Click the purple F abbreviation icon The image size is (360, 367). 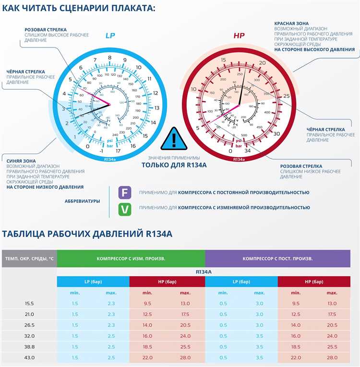[124, 193]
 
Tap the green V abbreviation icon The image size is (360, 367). [124, 208]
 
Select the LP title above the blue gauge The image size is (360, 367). [110, 36]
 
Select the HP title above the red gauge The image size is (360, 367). [239, 36]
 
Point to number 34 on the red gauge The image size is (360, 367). [248, 151]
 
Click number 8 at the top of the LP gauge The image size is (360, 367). [109, 58]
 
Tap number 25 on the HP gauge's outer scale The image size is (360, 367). [287, 96]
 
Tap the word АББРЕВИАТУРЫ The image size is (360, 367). [82, 201]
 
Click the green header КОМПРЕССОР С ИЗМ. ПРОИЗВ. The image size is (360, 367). [131, 258]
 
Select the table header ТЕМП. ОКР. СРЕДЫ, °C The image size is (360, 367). [29, 258]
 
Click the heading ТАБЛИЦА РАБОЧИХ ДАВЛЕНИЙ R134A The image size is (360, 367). [87, 234]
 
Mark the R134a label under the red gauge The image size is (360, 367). [239, 160]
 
